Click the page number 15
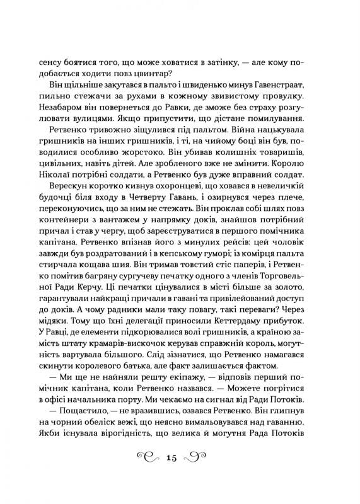click(180, 459)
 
